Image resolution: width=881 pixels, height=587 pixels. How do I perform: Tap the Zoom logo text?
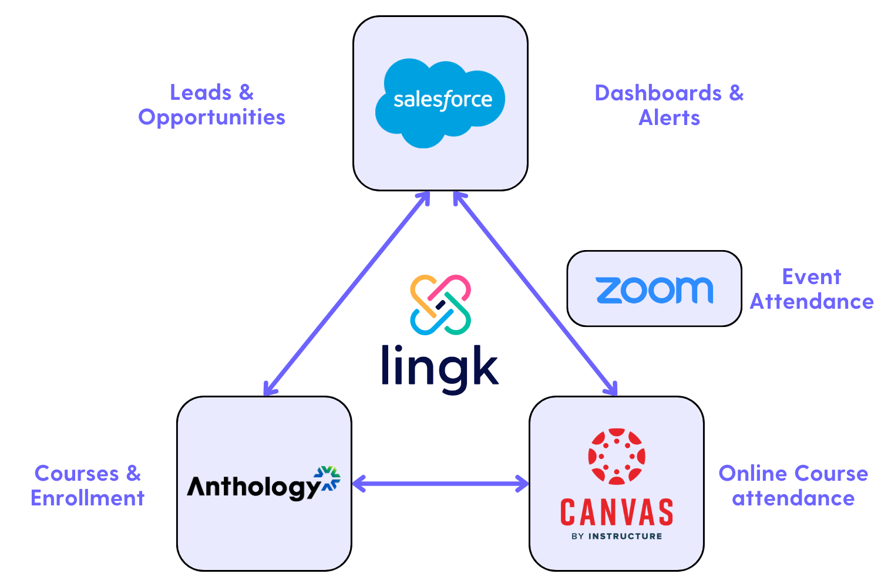(x=654, y=290)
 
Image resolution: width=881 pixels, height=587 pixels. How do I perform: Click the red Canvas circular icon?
(x=617, y=456)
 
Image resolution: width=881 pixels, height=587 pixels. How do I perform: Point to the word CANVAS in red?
(x=617, y=512)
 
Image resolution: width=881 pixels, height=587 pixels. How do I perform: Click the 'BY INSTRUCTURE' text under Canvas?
(x=617, y=536)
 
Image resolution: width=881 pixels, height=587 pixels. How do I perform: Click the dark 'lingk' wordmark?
(x=440, y=367)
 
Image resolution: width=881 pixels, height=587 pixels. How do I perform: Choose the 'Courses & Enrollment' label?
(x=88, y=485)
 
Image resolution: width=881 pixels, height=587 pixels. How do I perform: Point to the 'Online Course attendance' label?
(x=793, y=485)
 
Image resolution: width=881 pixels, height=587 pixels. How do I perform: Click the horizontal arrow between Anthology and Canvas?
(x=441, y=484)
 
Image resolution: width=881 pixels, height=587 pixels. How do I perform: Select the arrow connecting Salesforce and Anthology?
(x=347, y=293)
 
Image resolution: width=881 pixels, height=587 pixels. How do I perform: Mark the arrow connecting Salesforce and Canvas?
(x=535, y=293)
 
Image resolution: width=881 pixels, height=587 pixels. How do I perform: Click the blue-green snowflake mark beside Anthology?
(x=328, y=478)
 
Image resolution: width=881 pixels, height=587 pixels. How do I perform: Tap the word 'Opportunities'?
(x=211, y=117)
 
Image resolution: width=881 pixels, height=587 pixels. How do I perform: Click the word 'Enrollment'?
(x=88, y=498)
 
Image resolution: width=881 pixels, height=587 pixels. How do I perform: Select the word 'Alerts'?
(x=669, y=118)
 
